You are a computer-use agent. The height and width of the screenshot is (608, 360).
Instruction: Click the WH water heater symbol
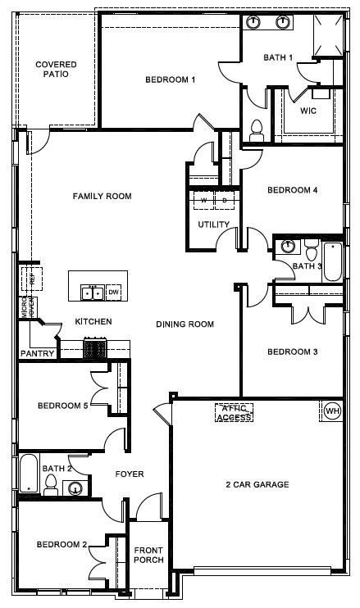[x=332, y=410]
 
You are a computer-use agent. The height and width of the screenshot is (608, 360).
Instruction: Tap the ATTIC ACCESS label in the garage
[x=234, y=412]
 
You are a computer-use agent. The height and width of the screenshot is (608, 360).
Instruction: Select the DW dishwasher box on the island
[x=114, y=293]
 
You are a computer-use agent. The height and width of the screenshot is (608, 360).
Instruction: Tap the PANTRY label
[x=38, y=354]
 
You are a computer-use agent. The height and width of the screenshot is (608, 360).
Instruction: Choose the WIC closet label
[x=308, y=111]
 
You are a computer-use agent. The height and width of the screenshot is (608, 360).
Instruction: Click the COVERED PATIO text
[x=56, y=69]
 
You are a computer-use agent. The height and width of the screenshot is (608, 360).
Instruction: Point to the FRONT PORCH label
[x=149, y=555]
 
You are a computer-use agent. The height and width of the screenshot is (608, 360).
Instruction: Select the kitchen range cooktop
[x=95, y=349]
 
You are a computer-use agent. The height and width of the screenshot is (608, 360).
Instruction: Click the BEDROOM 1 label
[x=170, y=79]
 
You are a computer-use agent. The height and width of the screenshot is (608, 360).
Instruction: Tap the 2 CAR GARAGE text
[x=257, y=485]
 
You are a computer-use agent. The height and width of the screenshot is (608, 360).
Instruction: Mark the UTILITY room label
[x=213, y=225]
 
